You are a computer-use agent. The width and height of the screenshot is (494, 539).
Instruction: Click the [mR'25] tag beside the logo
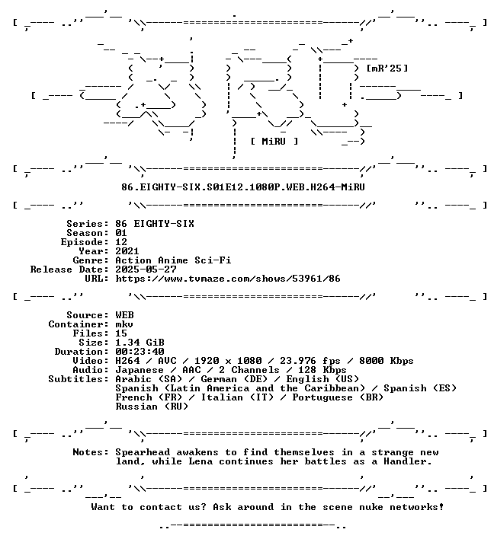(387, 69)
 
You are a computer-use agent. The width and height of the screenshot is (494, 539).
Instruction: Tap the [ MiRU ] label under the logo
(274, 142)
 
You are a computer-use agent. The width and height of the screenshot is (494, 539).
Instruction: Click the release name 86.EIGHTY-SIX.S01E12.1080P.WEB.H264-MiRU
(243, 187)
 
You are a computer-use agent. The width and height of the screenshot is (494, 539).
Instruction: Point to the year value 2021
(127, 251)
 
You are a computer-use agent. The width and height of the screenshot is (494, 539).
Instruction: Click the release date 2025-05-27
(146, 269)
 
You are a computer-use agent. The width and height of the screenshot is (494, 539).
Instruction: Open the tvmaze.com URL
(227, 279)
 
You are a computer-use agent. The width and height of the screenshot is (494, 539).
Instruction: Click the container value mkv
(124, 324)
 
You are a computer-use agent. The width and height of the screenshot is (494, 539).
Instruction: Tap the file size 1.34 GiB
(140, 343)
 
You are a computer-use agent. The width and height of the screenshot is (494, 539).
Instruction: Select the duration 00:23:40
(140, 352)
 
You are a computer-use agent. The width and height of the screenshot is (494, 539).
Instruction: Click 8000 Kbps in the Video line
(386, 361)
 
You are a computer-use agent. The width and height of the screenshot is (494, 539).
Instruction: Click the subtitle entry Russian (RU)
(152, 407)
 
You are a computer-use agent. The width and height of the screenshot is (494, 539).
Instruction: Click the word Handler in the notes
(407, 461)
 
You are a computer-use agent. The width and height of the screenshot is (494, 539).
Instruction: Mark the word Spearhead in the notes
(143, 452)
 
